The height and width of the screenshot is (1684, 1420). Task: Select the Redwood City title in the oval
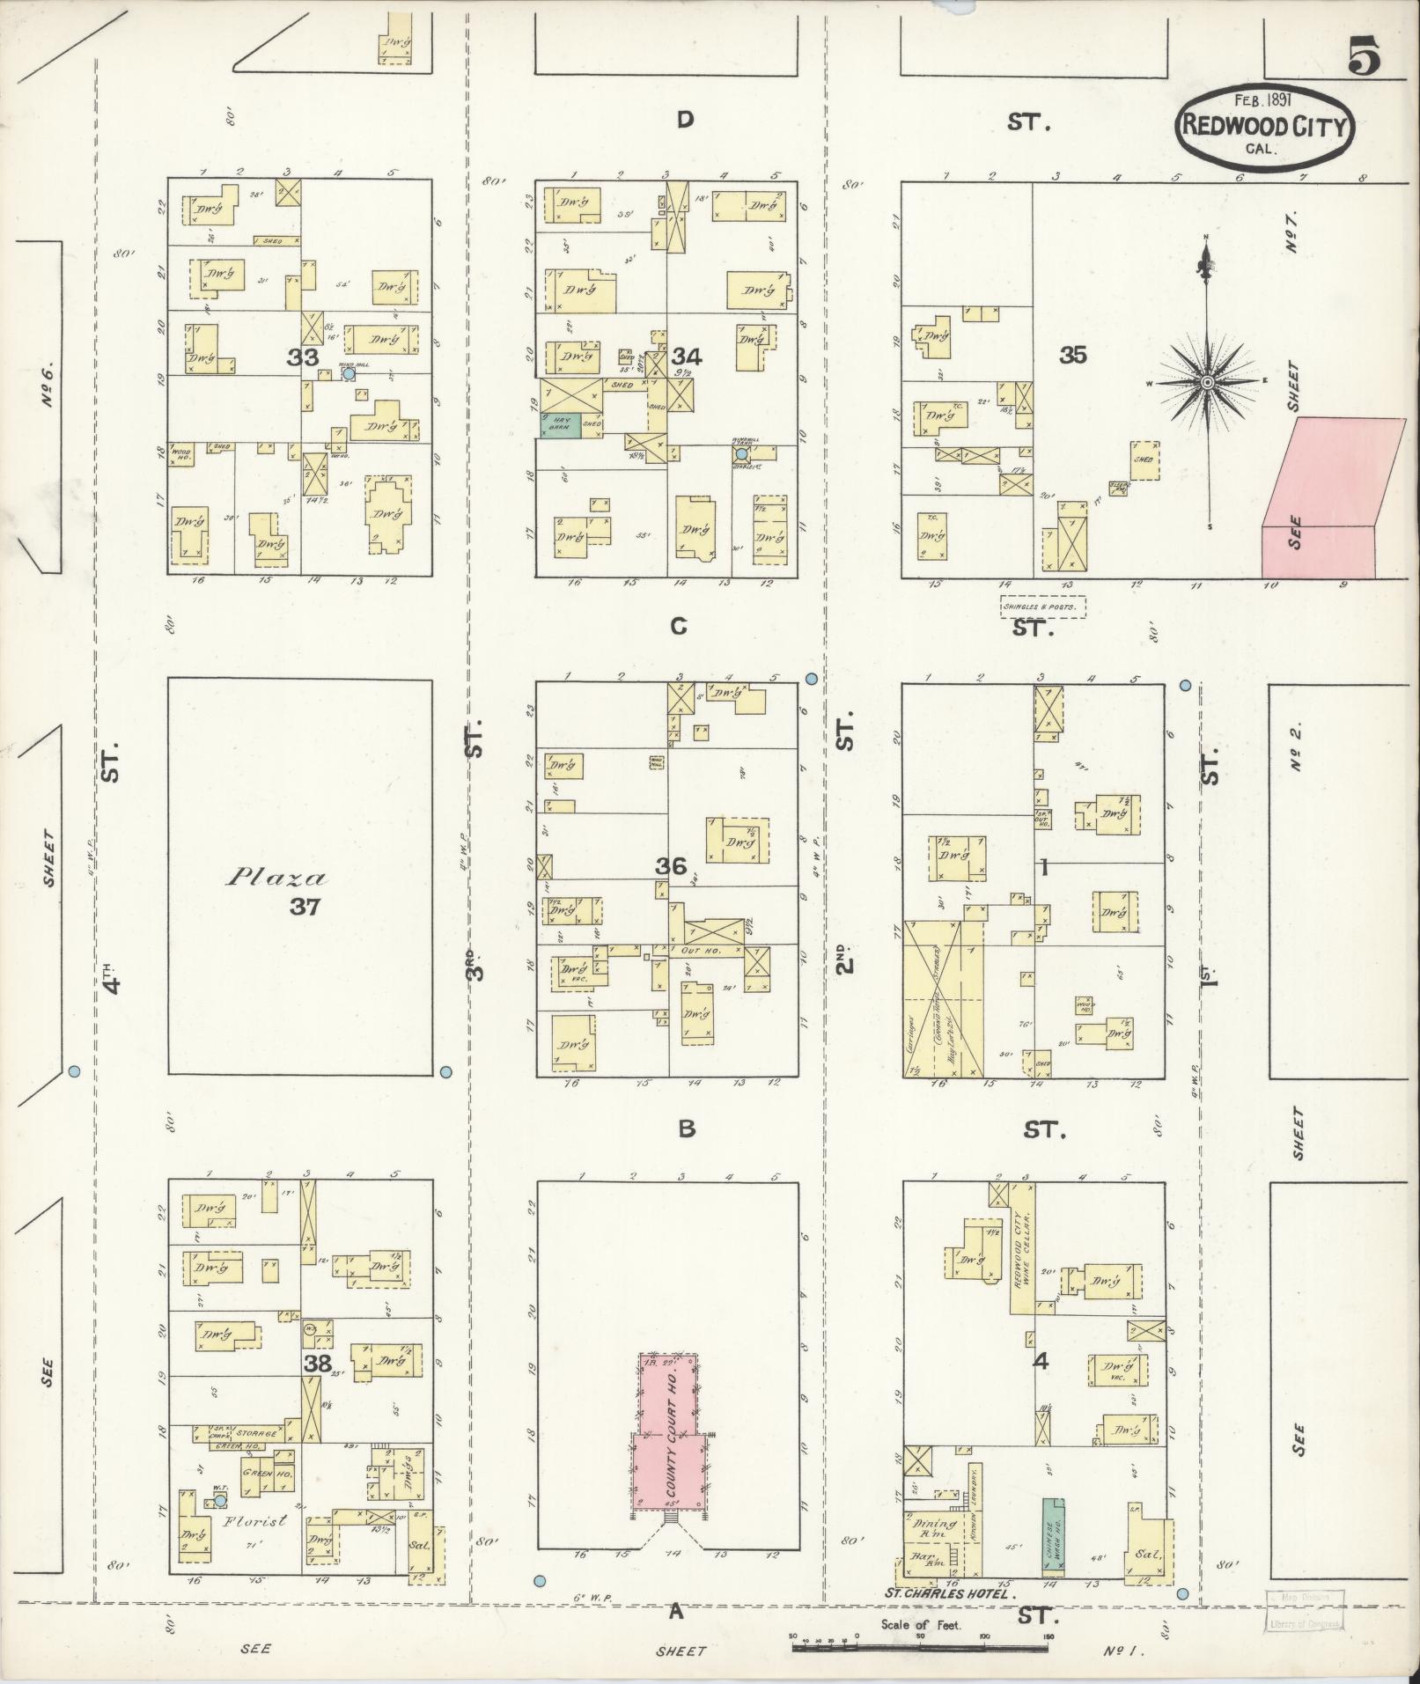pos(1264,126)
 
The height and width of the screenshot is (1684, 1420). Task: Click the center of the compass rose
pos(1208,382)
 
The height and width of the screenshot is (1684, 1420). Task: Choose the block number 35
pos(1073,355)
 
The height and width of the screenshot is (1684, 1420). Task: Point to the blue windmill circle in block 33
pos(349,373)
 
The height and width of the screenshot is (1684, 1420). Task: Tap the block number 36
pos(670,866)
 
